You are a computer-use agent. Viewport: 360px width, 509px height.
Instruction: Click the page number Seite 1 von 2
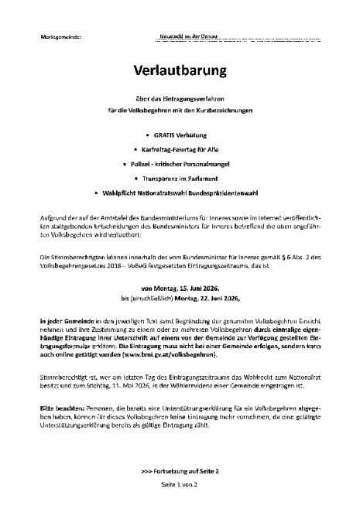(x=180, y=484)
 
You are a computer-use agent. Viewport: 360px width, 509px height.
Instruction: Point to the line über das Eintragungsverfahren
(x=180, y=97)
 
